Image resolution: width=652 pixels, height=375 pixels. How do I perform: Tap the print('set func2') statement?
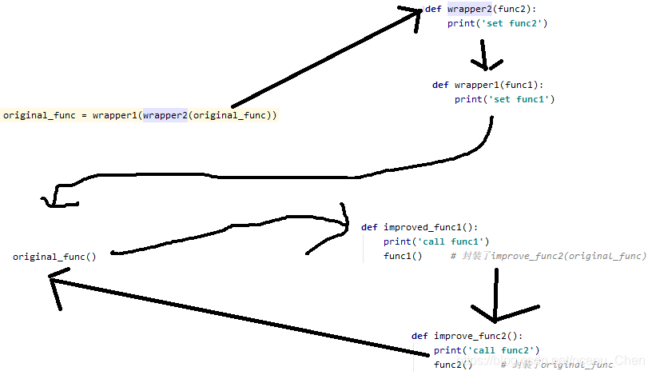(497, 23)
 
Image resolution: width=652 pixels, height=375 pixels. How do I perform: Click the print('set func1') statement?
(504, 99)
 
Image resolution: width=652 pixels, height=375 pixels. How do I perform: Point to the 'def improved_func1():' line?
(419, 227)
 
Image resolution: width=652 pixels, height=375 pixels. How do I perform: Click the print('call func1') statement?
(435, 241)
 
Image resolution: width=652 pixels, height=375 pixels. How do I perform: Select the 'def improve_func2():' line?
(467, 336)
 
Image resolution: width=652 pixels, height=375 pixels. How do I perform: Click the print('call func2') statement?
(487, 350)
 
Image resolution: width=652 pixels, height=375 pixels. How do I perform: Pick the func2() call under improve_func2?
(453, 365)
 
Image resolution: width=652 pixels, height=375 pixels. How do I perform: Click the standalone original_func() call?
(54, 257)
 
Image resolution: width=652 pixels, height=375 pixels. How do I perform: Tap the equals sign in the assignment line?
(85, 115)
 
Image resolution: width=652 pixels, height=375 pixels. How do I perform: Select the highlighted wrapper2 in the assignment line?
(164, 115)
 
